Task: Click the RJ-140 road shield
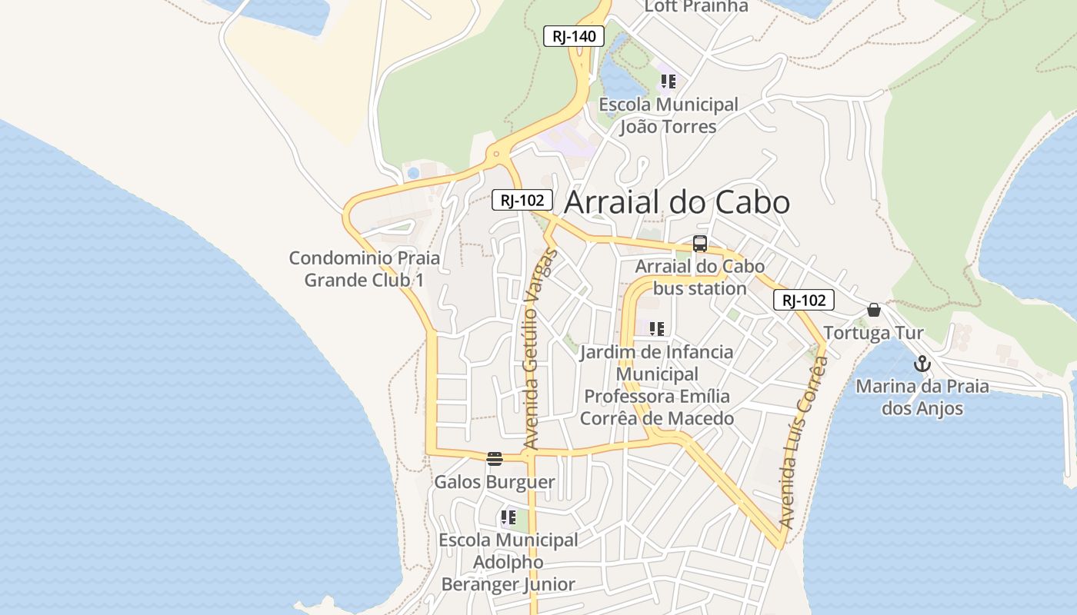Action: pos(574,36)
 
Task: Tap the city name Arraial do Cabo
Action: pos(677,202)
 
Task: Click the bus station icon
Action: pos(699,244)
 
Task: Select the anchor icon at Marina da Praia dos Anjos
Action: pos(922,364)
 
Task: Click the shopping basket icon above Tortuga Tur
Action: pos(873,310)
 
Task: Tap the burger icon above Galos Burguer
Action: pos(495,459)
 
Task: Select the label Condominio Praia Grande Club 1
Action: pos(365,268)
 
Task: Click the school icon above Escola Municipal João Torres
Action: pos(668,81)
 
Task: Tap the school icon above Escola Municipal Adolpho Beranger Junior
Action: pos(508,517)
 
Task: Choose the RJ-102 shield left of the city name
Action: pos(522,201)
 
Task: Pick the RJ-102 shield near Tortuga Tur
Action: pos(803,301)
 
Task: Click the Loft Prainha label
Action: pos(695,7)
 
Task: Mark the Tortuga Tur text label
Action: pos(873,333)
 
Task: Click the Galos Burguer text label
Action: pos(495,482)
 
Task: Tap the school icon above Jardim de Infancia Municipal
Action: pos(656,329)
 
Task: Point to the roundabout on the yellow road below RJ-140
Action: pos(496,154)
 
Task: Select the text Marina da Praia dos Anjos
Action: pos(922,397)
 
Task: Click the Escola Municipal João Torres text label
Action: pos(668,115)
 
